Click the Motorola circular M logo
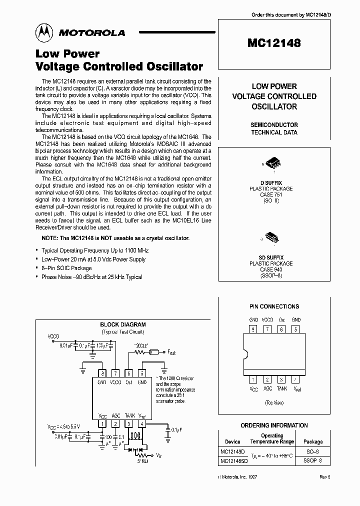pos(43,32)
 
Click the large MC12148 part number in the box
pos(273,43)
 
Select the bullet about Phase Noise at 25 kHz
pos(91,277)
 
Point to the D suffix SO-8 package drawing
pos(273,164)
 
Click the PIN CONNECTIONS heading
pos(274,306)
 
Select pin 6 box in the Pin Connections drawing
pos(282,329)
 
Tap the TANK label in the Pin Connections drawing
pos(282,388)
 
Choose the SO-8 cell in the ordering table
pos(313,451)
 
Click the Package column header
pos(313,442)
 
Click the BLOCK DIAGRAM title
pos(123,324)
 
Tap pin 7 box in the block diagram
pos(115,372)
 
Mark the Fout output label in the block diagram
pos(171,352)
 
